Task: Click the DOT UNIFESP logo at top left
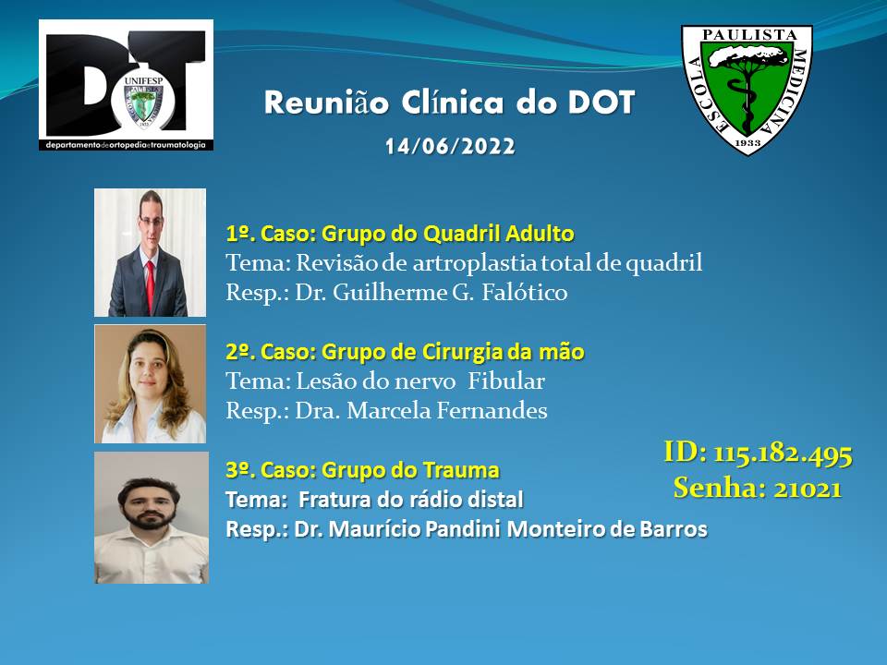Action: tap(127, 85)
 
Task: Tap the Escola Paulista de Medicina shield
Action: tap(747, 90)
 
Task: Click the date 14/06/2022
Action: tap(450, 147)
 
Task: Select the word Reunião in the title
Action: tap(326, 103)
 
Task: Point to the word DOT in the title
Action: tap(601, 103)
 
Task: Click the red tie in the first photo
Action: tap(150, 285)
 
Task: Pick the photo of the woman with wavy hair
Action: tap(150, 383)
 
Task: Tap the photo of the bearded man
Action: tap(151, 517)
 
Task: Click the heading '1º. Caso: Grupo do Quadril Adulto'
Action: tap(400, 234)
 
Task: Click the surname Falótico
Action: tap(525, 293)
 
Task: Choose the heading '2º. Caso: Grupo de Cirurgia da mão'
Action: tap(405, 352)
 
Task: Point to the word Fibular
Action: tap(506, 381)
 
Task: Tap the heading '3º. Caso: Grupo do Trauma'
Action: tap(362, 470)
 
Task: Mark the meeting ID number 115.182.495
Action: tap(783, 453)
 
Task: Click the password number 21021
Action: tap(808, 488)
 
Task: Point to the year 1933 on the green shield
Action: tap(747, 142)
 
